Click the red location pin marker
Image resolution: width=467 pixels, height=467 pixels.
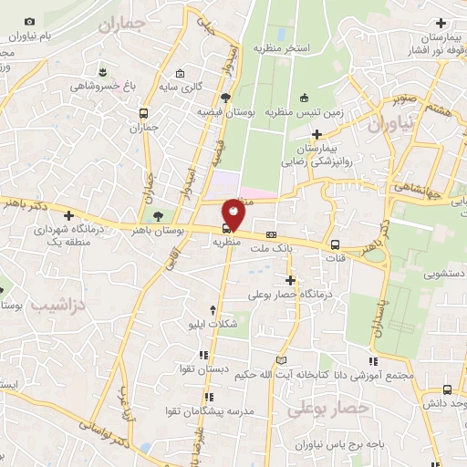point(234,216)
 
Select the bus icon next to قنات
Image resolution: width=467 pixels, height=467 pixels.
point(336,244)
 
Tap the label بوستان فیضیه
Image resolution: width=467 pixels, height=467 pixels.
point(225,111)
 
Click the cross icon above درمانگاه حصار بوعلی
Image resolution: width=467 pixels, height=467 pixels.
point(291,280)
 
